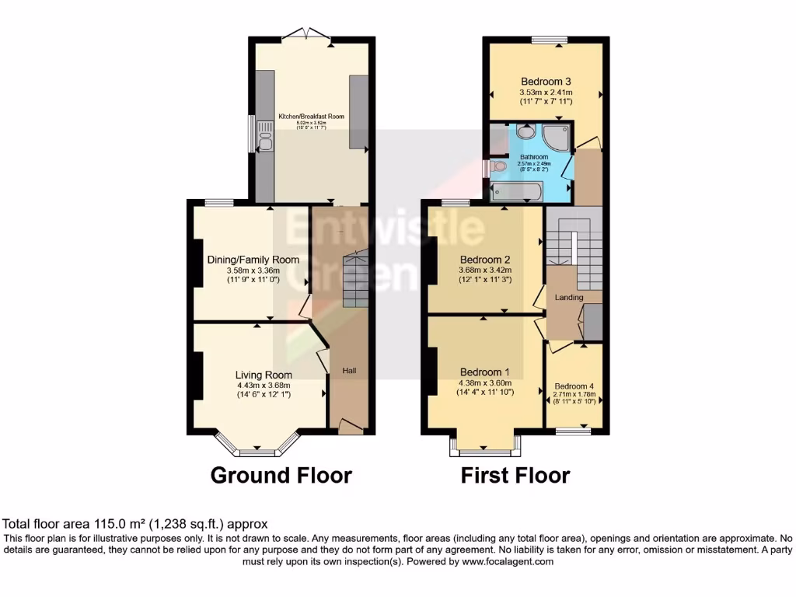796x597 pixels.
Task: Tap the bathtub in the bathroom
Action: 515,192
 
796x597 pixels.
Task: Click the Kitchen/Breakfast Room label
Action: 311,117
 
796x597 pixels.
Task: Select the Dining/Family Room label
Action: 253,260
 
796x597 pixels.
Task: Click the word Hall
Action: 350,371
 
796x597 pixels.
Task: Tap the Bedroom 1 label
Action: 485,371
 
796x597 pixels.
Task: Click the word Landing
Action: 569,297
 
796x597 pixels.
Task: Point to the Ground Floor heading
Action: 281,475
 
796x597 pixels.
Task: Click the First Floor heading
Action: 515,475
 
